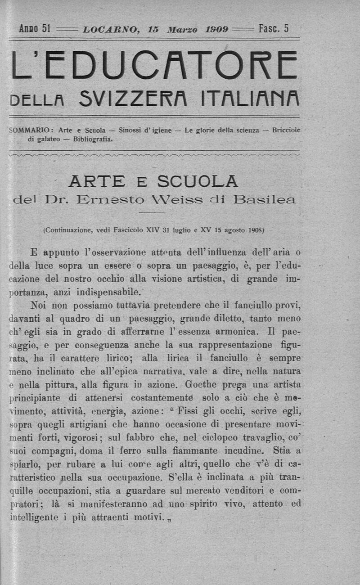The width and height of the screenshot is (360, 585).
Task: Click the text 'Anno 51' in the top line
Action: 34,29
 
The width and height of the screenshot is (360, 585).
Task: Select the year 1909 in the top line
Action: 217,30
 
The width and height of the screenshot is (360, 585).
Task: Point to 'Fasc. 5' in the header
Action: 273,29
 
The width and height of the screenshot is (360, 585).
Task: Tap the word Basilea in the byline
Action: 261,199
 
